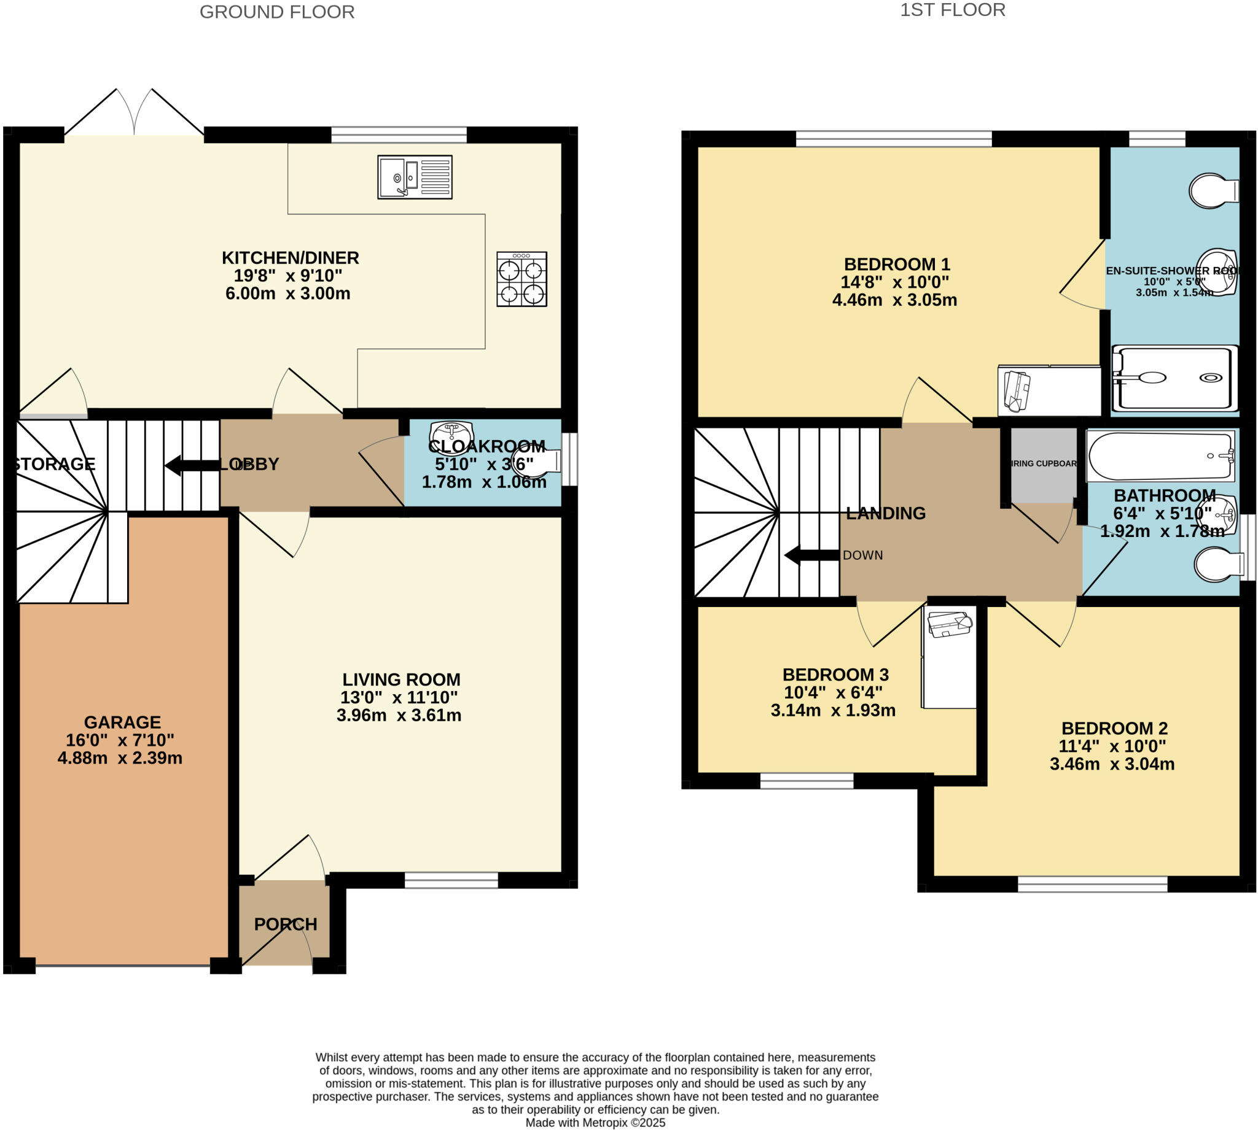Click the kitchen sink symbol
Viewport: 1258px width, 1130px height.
pos(415,177)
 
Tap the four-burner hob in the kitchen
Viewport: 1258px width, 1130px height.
pos(522,279)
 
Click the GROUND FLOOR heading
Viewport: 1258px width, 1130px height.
pos(276,12)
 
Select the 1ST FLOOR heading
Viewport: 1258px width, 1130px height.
pos(952,10)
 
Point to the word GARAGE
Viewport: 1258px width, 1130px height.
pos(122,722)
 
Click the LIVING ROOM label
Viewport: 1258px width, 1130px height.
pos(401,679)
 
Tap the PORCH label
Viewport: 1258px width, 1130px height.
pos(285,924)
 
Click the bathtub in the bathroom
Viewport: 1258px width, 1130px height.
pos(1159,456)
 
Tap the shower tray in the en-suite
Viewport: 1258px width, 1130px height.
pos(1174,378)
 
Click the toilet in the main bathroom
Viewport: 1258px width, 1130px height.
pos(1218,564)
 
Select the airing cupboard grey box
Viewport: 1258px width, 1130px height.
pos(1043,465)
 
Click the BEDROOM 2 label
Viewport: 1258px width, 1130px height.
pos(1114,729)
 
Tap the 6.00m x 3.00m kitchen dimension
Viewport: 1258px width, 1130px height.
pos(287,293)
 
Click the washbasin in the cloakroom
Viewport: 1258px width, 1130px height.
pos(451,430)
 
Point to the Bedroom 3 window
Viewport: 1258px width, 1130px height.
pos(807,781)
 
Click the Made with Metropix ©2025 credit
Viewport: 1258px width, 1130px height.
pos(595,1123)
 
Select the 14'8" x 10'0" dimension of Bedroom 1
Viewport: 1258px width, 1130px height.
pos(894,282)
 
